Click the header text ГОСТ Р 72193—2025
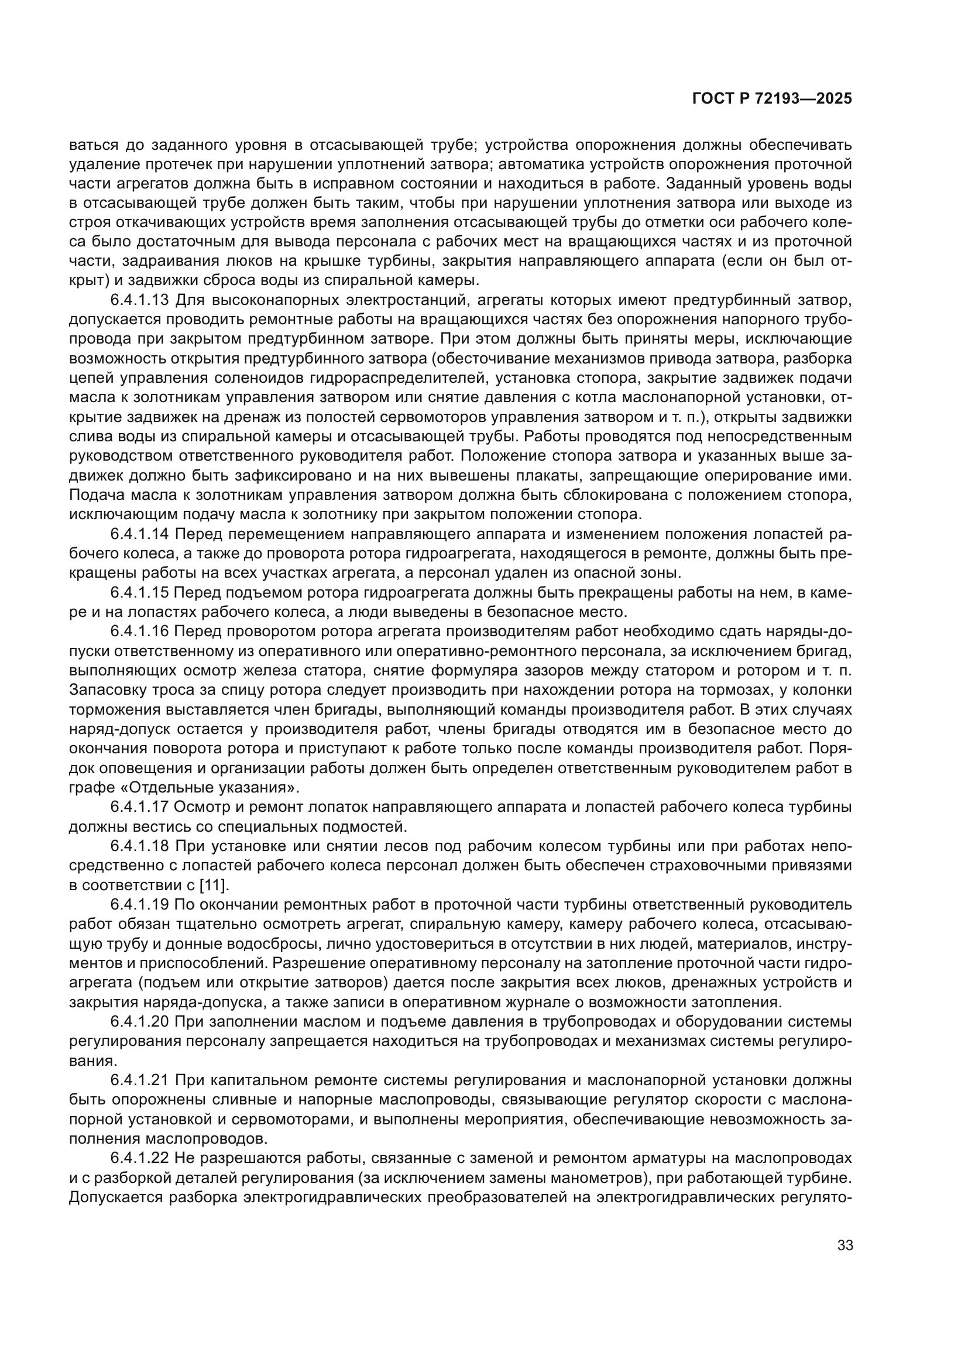click(772, 99)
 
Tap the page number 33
click(845, 1246)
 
